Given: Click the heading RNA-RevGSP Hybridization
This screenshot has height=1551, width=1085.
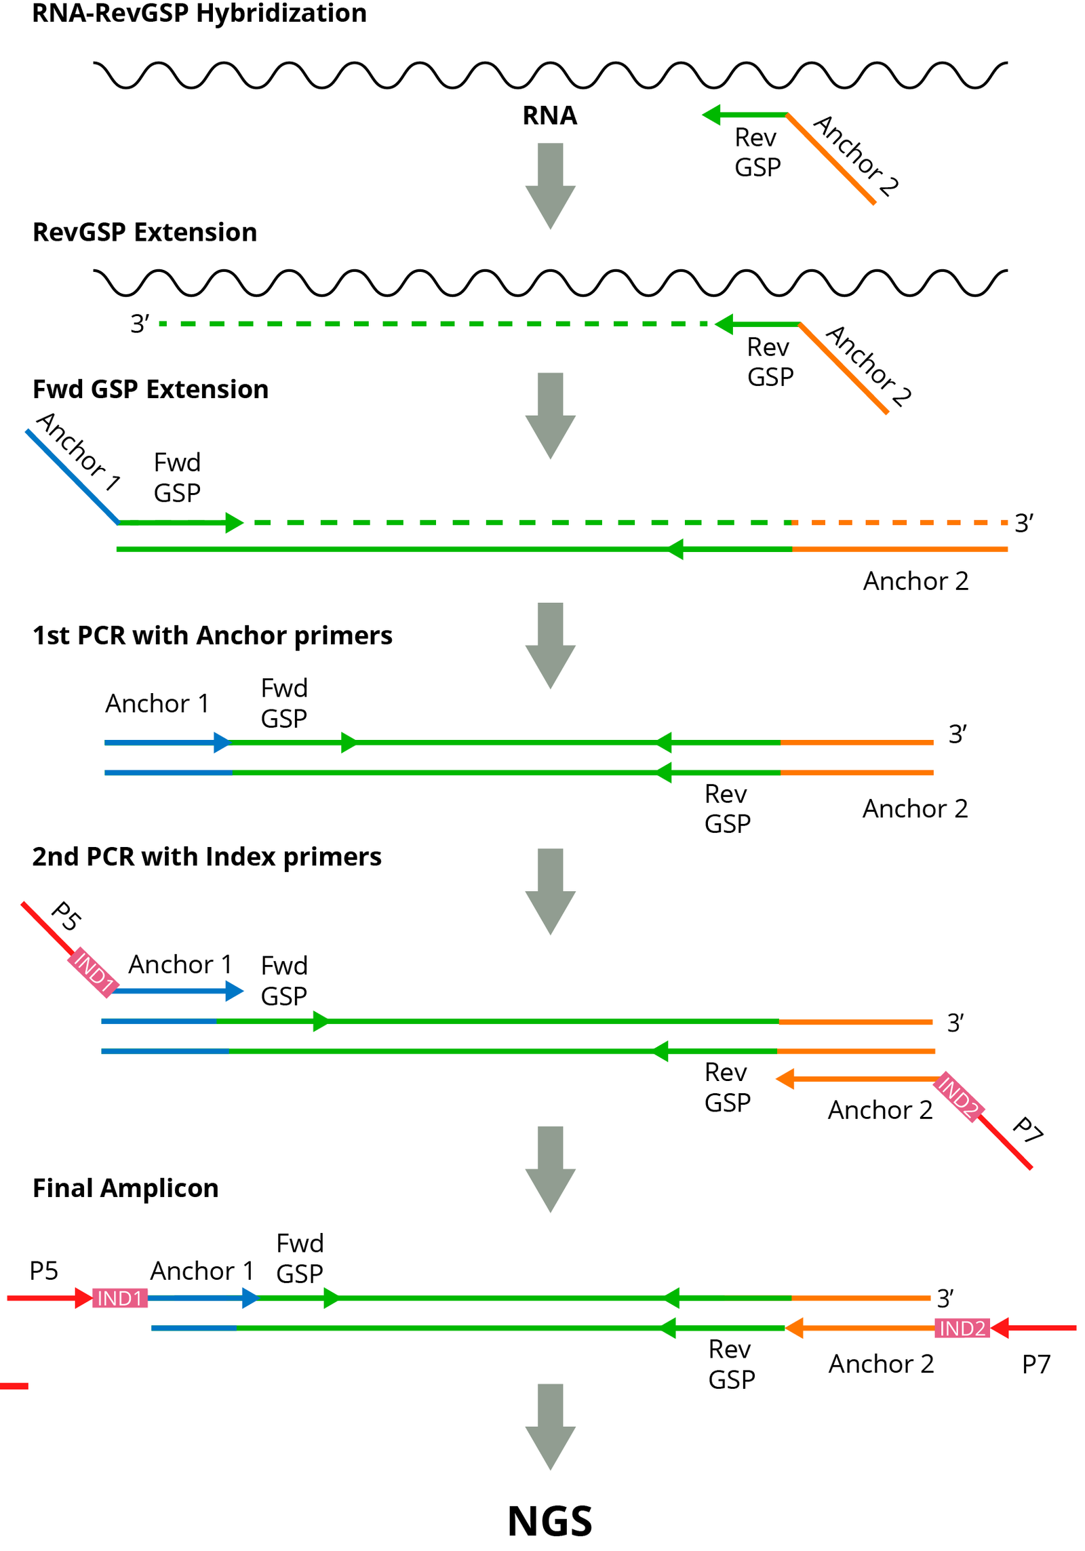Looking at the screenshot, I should pyautogui.click(x=199, y=14).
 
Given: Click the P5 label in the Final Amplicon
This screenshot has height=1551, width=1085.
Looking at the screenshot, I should pyautogui.click(x=43, y=1270).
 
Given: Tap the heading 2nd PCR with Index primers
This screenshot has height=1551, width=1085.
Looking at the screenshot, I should pyautogui.click(x=206, y=856).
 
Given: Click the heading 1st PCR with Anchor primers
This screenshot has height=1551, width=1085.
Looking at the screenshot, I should pyautogui.click(x=212, y=635).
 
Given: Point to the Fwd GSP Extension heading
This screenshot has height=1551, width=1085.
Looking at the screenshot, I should pyautogui.click(x=150, y=389).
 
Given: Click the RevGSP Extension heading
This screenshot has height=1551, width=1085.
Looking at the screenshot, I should pyautogui.click(x=144, y=232).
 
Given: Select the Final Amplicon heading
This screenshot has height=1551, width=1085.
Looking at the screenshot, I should pyautogui.click(x=125, y=1187).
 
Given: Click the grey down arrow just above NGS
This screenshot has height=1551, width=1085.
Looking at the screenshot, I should pyautogui.click(x=549, y=1425).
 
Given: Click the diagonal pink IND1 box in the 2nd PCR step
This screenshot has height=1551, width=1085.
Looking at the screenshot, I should pyautogui.click(x=94, y=971).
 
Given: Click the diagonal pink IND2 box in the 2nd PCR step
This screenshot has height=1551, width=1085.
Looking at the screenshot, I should pyautogui.click(x=958, y=1096).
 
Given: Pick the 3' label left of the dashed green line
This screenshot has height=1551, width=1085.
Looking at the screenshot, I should pyautogui.click(x=139, y=323).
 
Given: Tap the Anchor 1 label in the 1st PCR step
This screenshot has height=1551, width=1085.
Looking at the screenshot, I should pyautogui.click(x=157, y=703).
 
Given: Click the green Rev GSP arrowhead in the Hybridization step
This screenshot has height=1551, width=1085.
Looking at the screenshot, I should pyautogui.click(x=711, y=115).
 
